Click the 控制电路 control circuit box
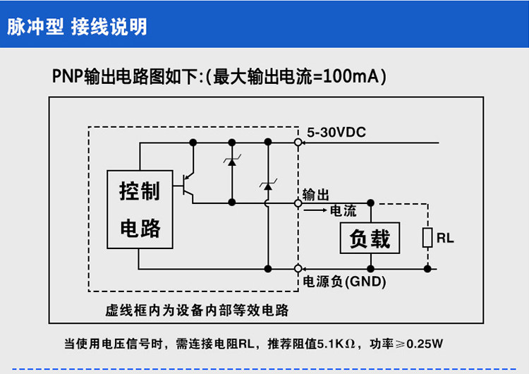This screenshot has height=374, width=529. point(140,210)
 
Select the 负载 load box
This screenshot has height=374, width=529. point(370,238)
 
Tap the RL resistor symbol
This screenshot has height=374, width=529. point(427,238)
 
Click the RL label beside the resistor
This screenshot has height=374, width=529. point(445,238)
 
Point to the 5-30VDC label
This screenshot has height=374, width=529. point(336,133)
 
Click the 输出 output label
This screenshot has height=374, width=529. point(315,195)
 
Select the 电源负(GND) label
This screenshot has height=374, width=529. point(344,282)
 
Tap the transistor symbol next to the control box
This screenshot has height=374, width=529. point(188,186)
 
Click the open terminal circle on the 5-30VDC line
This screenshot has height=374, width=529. point(298,143)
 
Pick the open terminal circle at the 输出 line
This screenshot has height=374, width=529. point(298,203)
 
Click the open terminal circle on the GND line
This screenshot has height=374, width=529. point(298,269)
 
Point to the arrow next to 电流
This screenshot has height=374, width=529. point(315,210)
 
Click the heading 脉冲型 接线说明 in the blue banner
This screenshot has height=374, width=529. point(77,27)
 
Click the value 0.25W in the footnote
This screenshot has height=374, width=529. point(425,344)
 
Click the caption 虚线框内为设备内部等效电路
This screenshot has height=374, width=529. point(197,310)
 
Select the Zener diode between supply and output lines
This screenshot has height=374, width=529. point(232,162)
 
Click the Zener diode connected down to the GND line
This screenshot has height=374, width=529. point(268,186)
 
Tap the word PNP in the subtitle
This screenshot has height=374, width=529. point(67,76)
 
